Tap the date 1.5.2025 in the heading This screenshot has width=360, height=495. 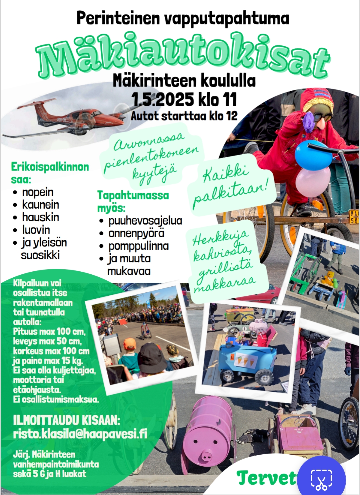click(x=162, y=99)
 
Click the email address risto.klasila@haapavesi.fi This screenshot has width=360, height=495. click(x=80, y=434)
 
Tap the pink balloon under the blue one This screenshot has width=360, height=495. click(x=313, y=182)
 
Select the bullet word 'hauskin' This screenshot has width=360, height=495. click(x=40, y=217)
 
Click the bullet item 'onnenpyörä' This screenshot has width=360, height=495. click(x=136, y=233)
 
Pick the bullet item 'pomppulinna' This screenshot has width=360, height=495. click(x=138, y=246)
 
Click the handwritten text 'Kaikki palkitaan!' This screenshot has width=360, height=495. click(x=231, y=186)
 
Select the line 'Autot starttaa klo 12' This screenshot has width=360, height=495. click(x=184, y=116)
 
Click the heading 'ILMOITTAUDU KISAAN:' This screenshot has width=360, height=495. click(x=66, y=420)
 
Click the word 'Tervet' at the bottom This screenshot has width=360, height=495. click(x=266, y=478)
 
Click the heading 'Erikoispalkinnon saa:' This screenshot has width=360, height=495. click(x=50, y=173)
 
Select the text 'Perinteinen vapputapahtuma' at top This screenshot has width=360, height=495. click(x=183, y=18)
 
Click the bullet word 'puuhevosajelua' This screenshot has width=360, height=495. click(x=145, y=221)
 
